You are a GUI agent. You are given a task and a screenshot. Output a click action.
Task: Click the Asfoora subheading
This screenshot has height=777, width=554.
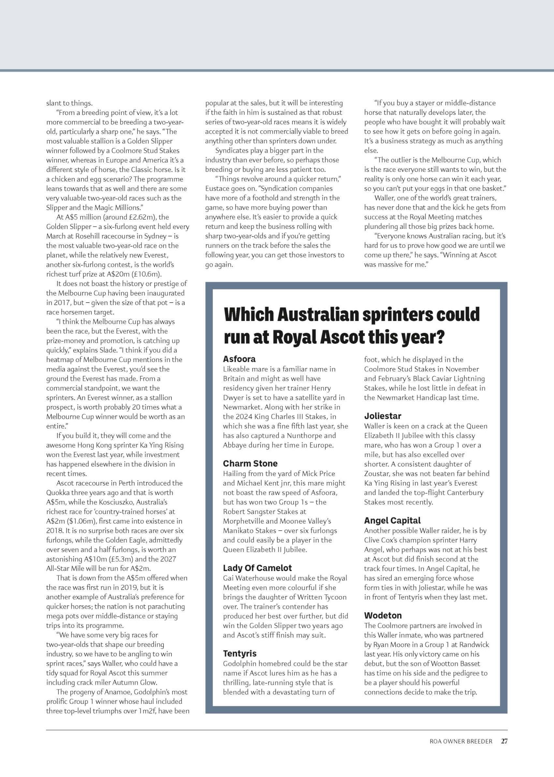tap(239, 359)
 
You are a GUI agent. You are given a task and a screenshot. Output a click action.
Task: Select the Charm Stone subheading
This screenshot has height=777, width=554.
tap(250, 463)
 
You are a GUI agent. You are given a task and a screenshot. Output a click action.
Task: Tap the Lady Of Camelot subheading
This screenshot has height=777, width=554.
tap(257, 568)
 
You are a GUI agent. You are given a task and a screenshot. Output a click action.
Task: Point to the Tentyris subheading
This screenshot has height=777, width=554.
tap(240, 653)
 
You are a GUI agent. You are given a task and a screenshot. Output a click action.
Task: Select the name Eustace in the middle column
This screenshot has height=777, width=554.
tap(217, 189)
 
